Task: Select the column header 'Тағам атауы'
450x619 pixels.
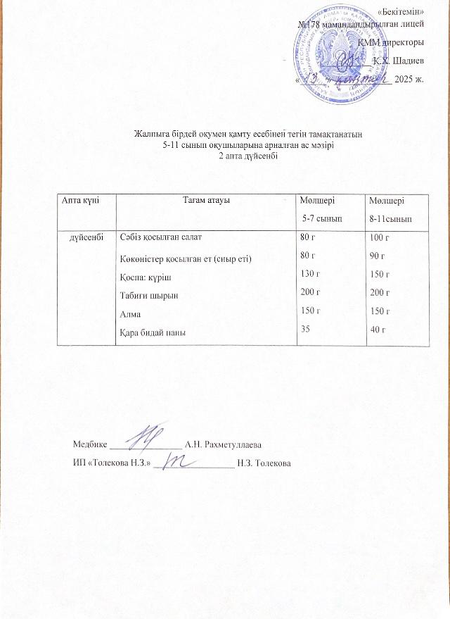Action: (207, 201)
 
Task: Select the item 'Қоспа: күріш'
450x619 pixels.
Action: (143, 278)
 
